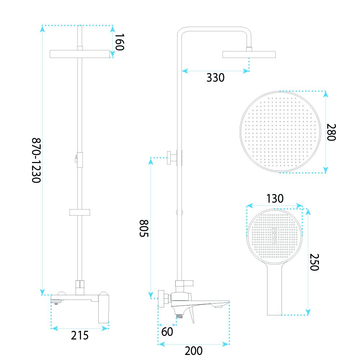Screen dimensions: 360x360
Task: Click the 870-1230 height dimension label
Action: [x=36, y=160]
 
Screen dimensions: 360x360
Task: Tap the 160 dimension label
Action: [x=120, y=42]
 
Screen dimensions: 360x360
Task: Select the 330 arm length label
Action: [x=215, y=78]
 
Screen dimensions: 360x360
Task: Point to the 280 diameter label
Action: [x=331, y=132]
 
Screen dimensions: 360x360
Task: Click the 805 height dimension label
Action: [x=144, y=228]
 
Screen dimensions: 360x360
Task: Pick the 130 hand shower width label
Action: [x=275, y=199]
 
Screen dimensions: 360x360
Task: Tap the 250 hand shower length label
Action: [x=314, y=262]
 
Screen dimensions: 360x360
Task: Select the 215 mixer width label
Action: [x=80, y=336]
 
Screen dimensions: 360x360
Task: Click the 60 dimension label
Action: [x=167, y=332]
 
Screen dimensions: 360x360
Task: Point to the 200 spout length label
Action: [x=194, y=351]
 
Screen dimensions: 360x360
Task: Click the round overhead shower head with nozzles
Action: [x=280, y=131]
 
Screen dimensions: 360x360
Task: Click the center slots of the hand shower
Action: [x=274, y=235]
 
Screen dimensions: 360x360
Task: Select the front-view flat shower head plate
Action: [x=80, y=54]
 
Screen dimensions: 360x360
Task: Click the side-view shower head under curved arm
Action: [x=249, y=54]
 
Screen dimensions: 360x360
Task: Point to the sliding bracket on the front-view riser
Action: [x=80, y=212]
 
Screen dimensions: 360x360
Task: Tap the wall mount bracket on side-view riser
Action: [x=174, y=158]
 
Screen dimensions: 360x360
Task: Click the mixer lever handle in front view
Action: [x=104, y=309]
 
